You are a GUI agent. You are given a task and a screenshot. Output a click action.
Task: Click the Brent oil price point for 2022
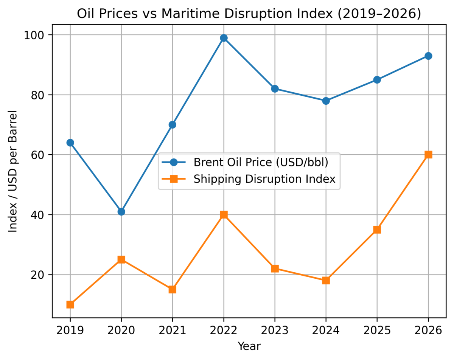tap(224, 38)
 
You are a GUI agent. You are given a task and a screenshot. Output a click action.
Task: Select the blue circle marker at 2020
tap(121, 212)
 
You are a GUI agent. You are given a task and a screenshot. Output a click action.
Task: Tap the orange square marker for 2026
tap(428, 155)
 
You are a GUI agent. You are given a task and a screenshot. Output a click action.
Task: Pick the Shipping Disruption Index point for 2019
tap(70, 304)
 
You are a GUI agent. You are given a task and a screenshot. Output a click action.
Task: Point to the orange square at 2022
tap(224, 215)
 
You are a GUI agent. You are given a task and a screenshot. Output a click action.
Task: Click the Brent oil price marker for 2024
tap(326, 101)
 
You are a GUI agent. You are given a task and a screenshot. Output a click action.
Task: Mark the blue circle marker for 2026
tap(428, 56)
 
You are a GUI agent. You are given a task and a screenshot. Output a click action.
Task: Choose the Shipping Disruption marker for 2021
tap(173, 290)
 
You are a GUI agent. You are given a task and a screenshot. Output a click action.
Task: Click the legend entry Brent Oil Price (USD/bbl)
tap(261, 162)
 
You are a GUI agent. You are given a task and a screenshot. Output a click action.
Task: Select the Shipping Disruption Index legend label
tap(264, 179)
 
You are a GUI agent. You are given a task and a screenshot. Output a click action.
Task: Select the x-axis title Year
tap(249, 346)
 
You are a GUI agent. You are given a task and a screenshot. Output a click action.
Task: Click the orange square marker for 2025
tap(377, 230)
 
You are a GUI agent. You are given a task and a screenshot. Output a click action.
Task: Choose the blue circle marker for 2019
tap(70, 143)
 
